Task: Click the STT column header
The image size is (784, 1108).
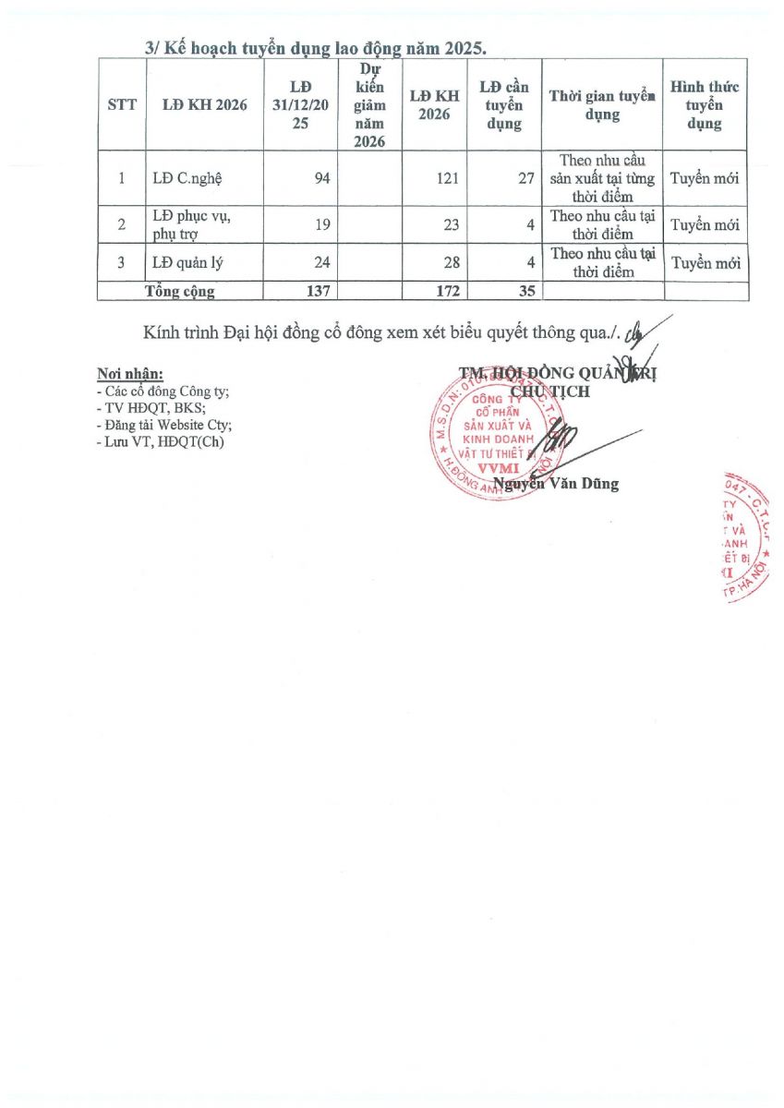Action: point(122,104)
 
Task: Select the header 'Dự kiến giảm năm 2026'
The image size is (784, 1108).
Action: point(368,104)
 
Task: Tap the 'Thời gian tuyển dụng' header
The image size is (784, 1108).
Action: point(602,104)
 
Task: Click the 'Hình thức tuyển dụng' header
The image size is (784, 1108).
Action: point(705,104)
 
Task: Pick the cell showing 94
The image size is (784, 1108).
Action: point(321,178)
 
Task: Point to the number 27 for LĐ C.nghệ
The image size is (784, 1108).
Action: point(525,178)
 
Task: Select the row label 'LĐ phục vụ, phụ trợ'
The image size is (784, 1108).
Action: point(192,225)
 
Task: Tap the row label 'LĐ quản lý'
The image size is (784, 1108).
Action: point(187,263)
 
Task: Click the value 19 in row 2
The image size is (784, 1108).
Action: point(321,225)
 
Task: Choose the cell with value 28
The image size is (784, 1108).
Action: point(451,263)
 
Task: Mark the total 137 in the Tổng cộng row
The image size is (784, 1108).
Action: point(318,292)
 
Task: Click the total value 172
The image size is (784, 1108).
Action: point(446,292)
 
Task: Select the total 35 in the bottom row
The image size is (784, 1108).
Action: point(524,292)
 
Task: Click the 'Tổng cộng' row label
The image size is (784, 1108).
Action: point(180,292)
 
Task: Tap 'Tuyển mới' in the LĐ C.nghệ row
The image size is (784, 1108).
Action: point(706,178)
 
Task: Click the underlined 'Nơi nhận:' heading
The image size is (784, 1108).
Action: point(130,375)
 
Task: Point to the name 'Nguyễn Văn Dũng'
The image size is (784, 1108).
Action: point(556,483)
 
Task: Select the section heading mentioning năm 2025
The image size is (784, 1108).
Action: point(315,49)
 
